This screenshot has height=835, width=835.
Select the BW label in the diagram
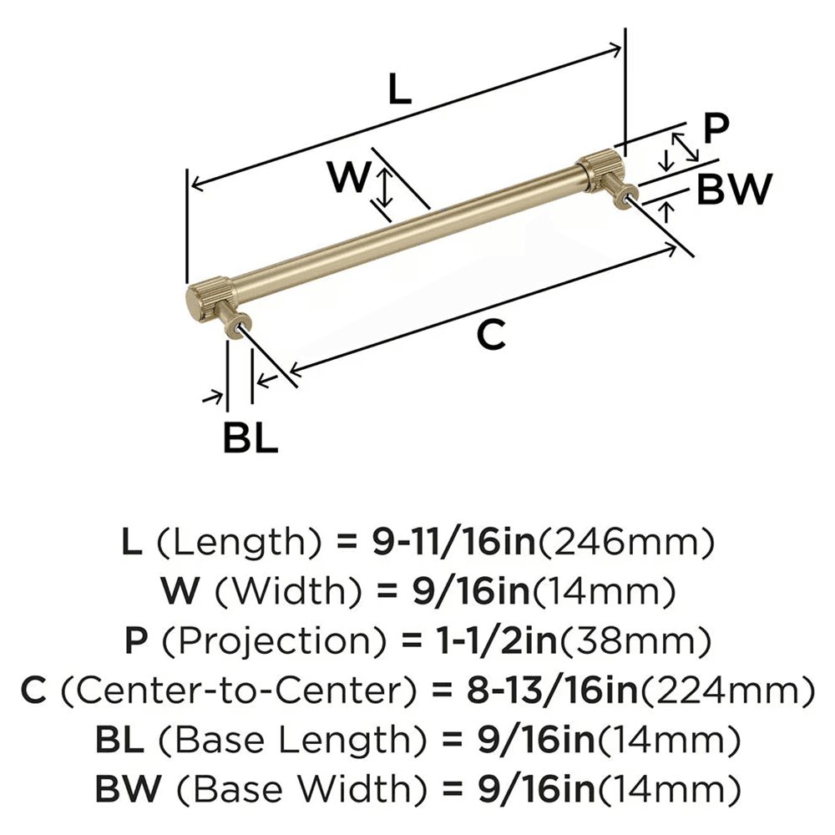pyautogui.click(x=733, y=190)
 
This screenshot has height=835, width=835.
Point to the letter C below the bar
pyautogui.click(x=491, y=334)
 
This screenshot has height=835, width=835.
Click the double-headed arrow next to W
pyautogui.click(x=383, y=186)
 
